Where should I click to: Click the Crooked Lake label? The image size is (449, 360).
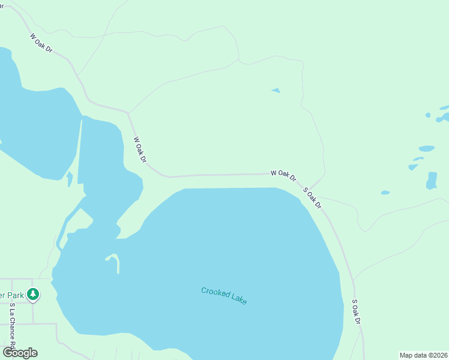click(x=224, y=295)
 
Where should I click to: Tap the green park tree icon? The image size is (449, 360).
click(x=34, y=294)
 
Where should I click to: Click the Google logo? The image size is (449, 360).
click(x=20, y=353)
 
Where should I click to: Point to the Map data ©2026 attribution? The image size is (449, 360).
click(x=423, y=355)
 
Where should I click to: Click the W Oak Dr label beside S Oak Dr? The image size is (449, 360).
click(x=283, y=175)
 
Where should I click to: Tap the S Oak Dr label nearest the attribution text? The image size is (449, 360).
click(x=355, y=312)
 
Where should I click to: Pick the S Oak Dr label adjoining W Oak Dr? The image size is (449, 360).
click(x=312, y=198)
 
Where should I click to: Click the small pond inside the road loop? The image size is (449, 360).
click(x=276, y=91)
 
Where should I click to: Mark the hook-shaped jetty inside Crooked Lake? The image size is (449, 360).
click(x=114, y=260)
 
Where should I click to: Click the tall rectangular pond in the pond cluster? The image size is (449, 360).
click(x=432, y=181)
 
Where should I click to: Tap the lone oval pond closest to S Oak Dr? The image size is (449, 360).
click(x=385, y=193)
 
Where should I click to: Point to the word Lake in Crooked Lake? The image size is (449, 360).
click(x=237, y=298)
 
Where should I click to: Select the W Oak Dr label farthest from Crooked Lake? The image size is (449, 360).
click(x=41, y=43)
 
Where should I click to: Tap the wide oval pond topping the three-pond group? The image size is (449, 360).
click(x=426, y=148)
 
